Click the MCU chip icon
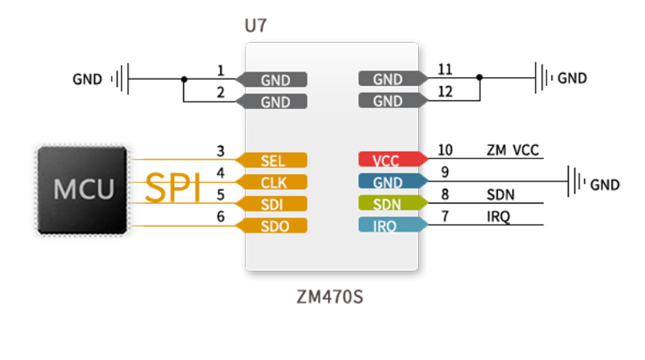pos(82,190)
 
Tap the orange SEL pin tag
pos(272,160)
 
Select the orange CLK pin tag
pos(272,182)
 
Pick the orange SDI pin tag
pos(272,204)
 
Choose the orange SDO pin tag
pos(272,225)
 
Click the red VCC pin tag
pos(393,159)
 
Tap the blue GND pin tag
pos(393,182)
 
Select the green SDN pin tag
pos(393,203)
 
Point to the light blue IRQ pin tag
pos(393,225)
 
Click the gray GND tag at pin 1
pos(272,79)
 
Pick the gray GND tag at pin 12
pos(393,100)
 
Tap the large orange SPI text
pos(172,188)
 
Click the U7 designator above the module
pos(256,26)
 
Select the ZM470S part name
pos(330,297)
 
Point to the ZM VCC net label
pos(513,151)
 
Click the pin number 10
pos(445,150)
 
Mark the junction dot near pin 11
pos(480,77)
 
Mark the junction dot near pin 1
pos(184,79)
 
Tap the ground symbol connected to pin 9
pos(576,182)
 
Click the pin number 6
pos(220,217)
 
